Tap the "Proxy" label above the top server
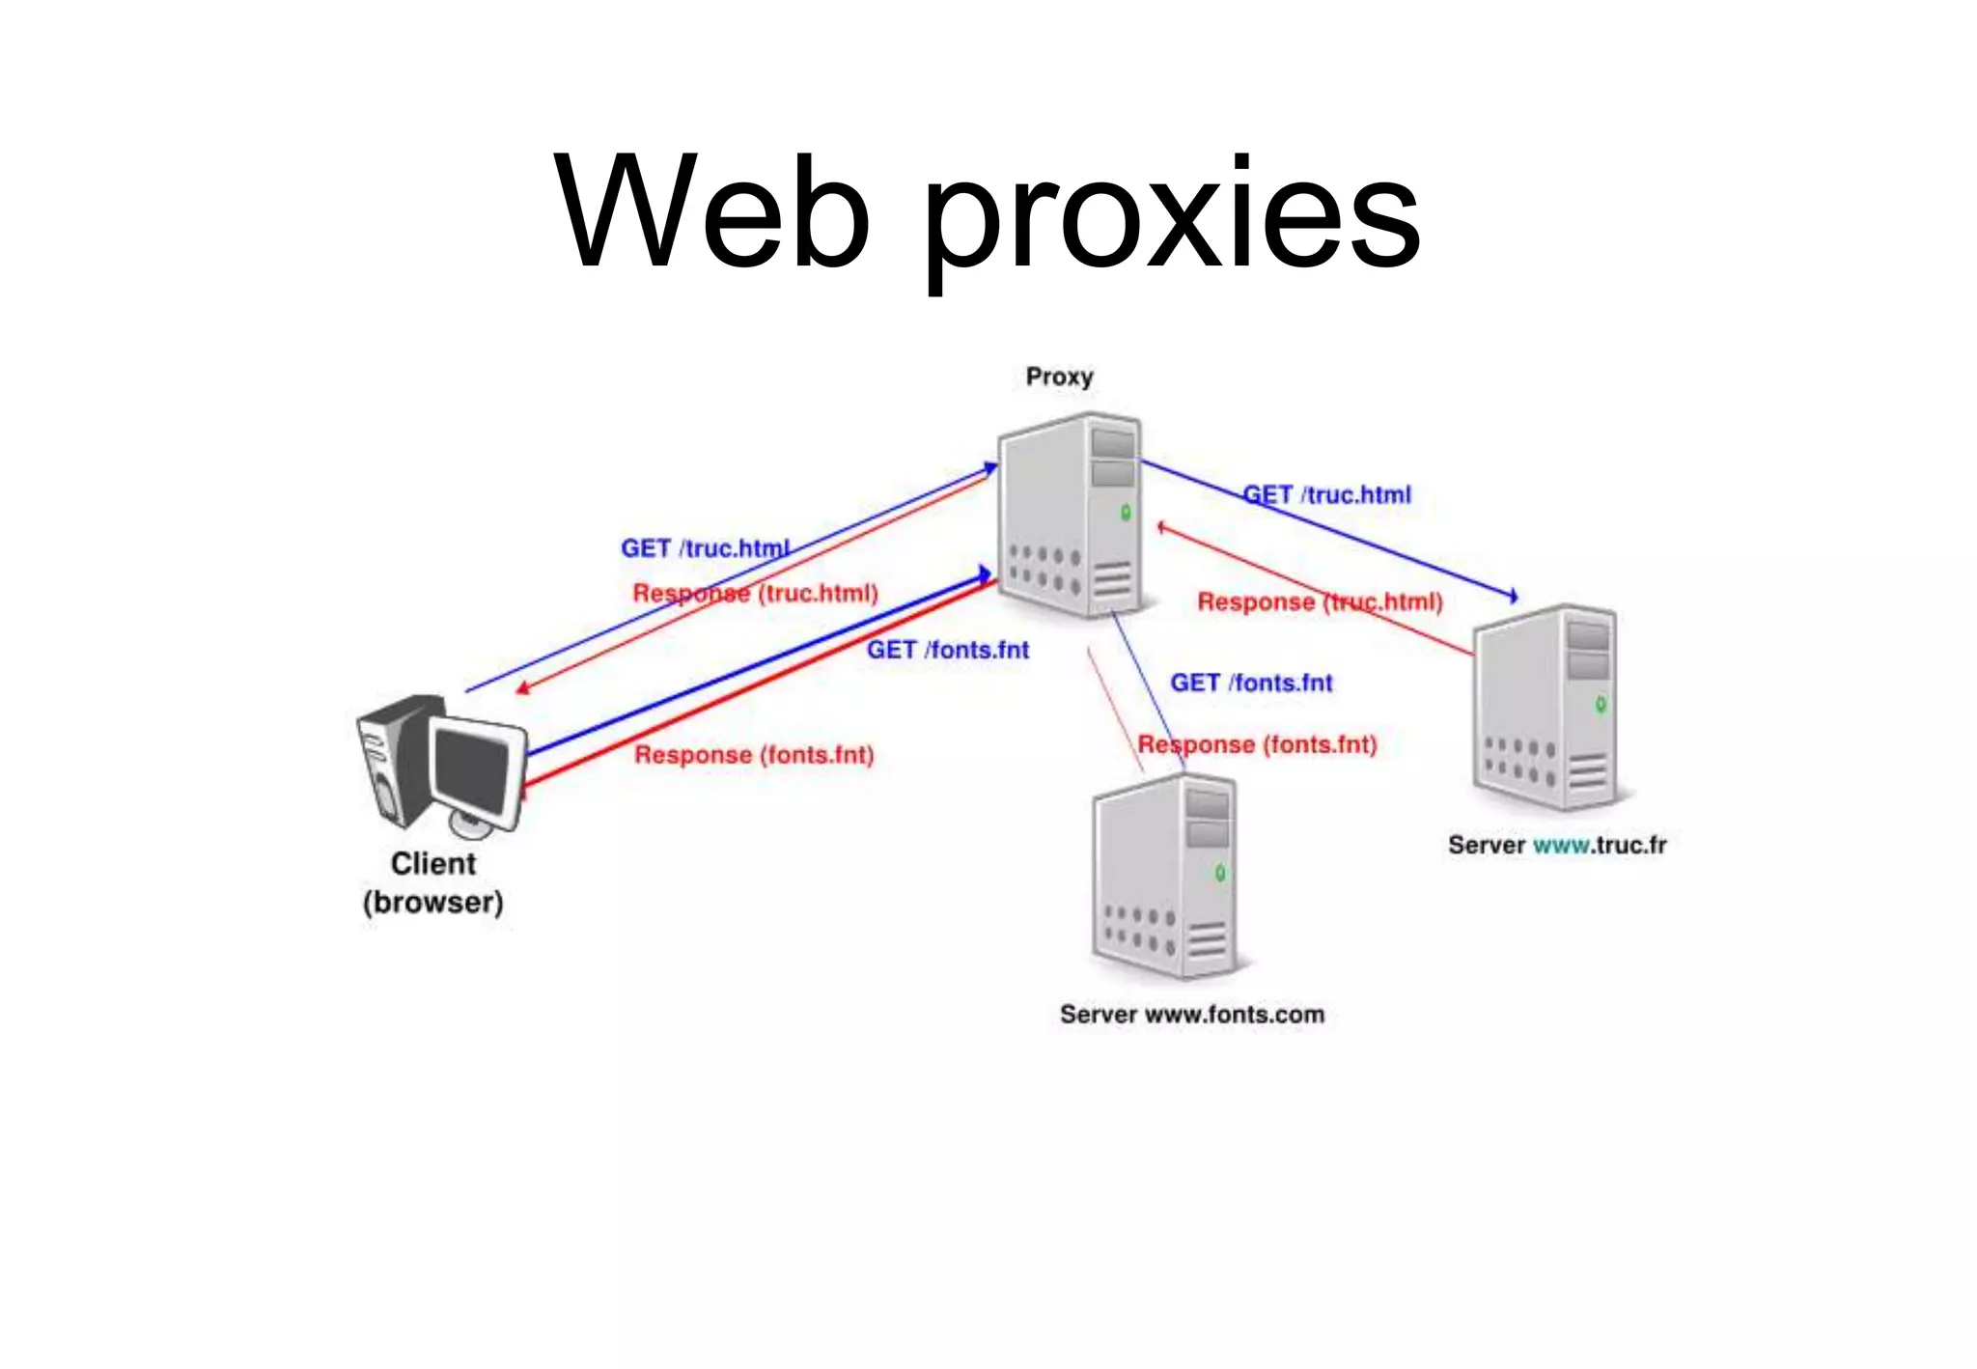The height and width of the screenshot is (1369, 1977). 1059,377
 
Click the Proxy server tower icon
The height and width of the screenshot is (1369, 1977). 1070,517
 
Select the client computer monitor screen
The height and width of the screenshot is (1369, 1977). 472,770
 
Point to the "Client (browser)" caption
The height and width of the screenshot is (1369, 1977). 433,882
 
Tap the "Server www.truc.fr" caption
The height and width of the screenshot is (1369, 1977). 1556,845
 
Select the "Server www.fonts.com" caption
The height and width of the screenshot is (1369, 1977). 1191,1014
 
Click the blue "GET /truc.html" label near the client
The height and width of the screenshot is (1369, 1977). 705,548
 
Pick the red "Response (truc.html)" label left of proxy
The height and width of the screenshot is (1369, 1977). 755,593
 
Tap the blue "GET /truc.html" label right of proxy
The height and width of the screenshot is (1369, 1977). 1326,495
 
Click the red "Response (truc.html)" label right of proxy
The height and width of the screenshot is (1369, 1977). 1320,601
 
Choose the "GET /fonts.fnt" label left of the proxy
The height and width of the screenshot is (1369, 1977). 947,650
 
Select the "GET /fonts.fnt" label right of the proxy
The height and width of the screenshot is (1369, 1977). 1251,683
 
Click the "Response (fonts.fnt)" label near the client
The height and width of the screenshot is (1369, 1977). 753,754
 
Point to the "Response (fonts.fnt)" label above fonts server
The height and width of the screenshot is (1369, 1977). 1257,744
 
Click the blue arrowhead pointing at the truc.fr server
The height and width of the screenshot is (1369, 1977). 1513,597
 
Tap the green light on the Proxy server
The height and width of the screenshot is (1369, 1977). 1126,513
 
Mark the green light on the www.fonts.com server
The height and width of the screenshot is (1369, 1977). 1220,873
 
